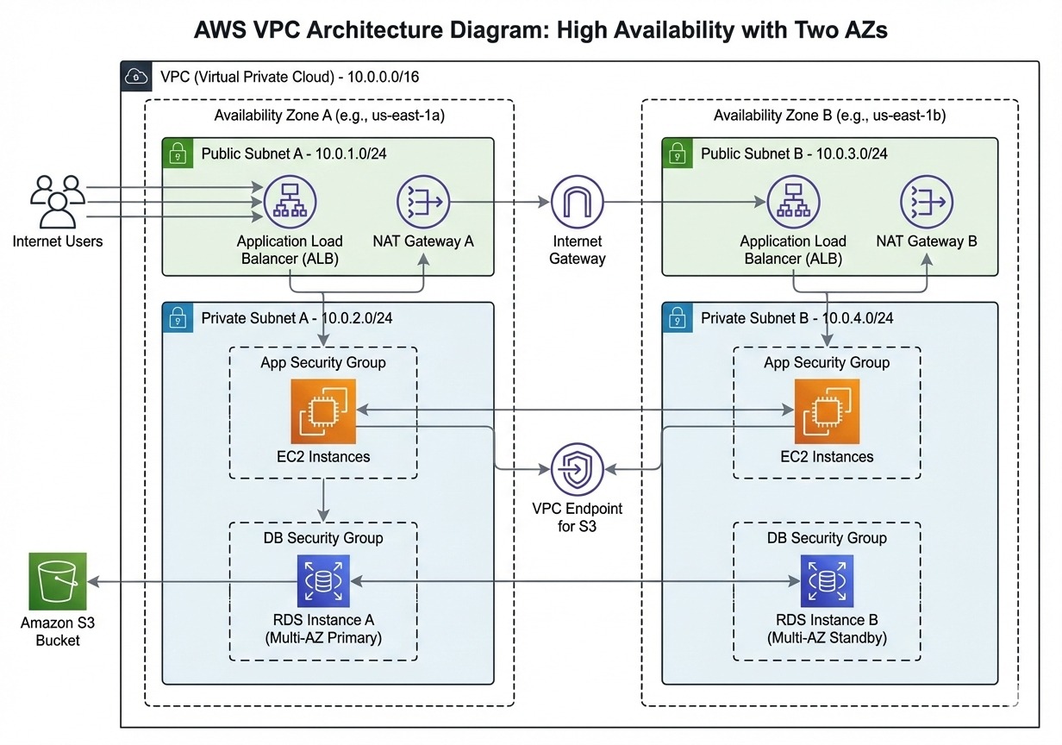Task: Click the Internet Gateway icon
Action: pos(578,203)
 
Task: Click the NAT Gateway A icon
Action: pos(423,203)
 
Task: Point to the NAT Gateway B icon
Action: pos(927,203)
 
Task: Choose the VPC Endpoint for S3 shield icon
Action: pos(578,470)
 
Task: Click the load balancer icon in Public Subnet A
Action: pos(290,203)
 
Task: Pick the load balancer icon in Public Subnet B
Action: pos(793,203)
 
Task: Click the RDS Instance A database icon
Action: pos(323,582)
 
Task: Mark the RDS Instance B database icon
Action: pos(827,582)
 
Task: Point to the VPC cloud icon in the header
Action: pos(135,76)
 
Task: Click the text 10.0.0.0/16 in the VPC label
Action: pos(384,77)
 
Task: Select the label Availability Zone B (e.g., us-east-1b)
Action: pos(830,116)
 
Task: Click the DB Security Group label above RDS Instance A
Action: pos(323,537)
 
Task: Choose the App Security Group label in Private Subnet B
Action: pos(827,363)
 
